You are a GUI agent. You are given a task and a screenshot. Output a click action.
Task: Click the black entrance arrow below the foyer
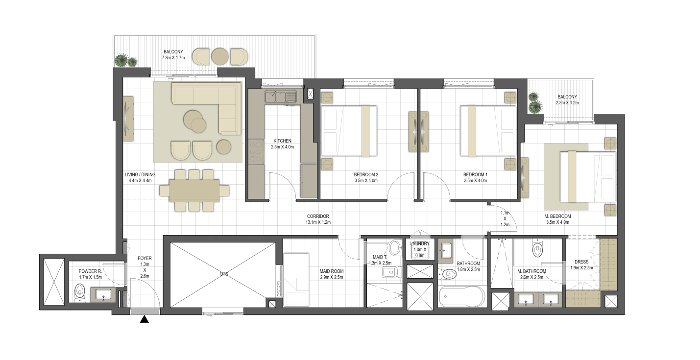click(144, 319)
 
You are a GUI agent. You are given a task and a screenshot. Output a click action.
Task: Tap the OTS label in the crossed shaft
click(224, 274)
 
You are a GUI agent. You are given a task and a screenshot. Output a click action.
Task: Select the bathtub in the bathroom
click(462, 296)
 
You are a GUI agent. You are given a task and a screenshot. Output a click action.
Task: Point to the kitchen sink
click(281, 96)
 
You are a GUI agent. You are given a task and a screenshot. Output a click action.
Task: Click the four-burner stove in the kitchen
click(256, 152)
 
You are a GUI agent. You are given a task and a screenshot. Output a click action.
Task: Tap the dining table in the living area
click(194, 191)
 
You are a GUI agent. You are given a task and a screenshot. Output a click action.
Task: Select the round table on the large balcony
click(219, 57)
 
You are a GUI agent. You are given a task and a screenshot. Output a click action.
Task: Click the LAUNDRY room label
click(420, 243)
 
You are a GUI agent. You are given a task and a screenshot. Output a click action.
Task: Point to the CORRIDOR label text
click(318, 216)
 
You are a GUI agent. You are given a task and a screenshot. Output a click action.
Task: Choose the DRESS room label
click(581, 262)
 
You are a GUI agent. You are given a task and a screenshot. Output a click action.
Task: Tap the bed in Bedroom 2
click(349, 131)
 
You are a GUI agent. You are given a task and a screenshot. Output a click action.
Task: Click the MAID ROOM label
click(331, 271)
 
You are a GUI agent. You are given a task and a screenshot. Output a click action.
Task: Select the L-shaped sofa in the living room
click(207, 108)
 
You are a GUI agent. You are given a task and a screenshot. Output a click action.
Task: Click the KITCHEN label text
click(282, 141)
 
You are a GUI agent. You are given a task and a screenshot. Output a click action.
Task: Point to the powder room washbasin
click(103, 295)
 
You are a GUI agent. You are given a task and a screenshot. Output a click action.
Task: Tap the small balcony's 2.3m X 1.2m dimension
click(567, 103)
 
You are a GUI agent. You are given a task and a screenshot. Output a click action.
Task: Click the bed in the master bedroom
click(588, 177)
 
